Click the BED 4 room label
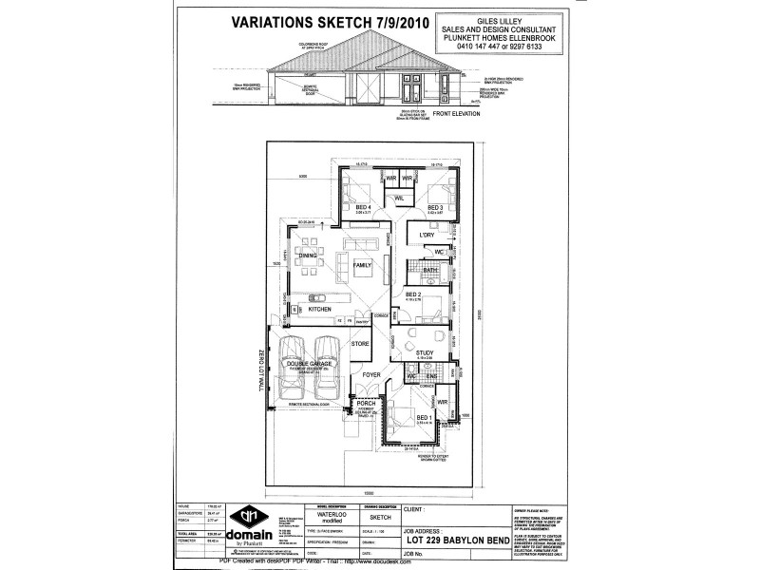[x=363, y=207]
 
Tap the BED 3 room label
[x=435, y=207]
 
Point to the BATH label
[x=430, y=271]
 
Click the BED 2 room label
[x=413, y=294]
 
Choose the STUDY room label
[x=425, y=352]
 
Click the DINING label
[x=308, y=256]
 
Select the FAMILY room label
[x=363, y=265]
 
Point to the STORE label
[x=360, y=343]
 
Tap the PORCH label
[x=366, y=403]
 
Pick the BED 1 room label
[x=424, y=417]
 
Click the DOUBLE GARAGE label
[x=308, y=364]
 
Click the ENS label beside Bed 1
[x=431, y=375]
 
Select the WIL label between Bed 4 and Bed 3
[x=399, y=198]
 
